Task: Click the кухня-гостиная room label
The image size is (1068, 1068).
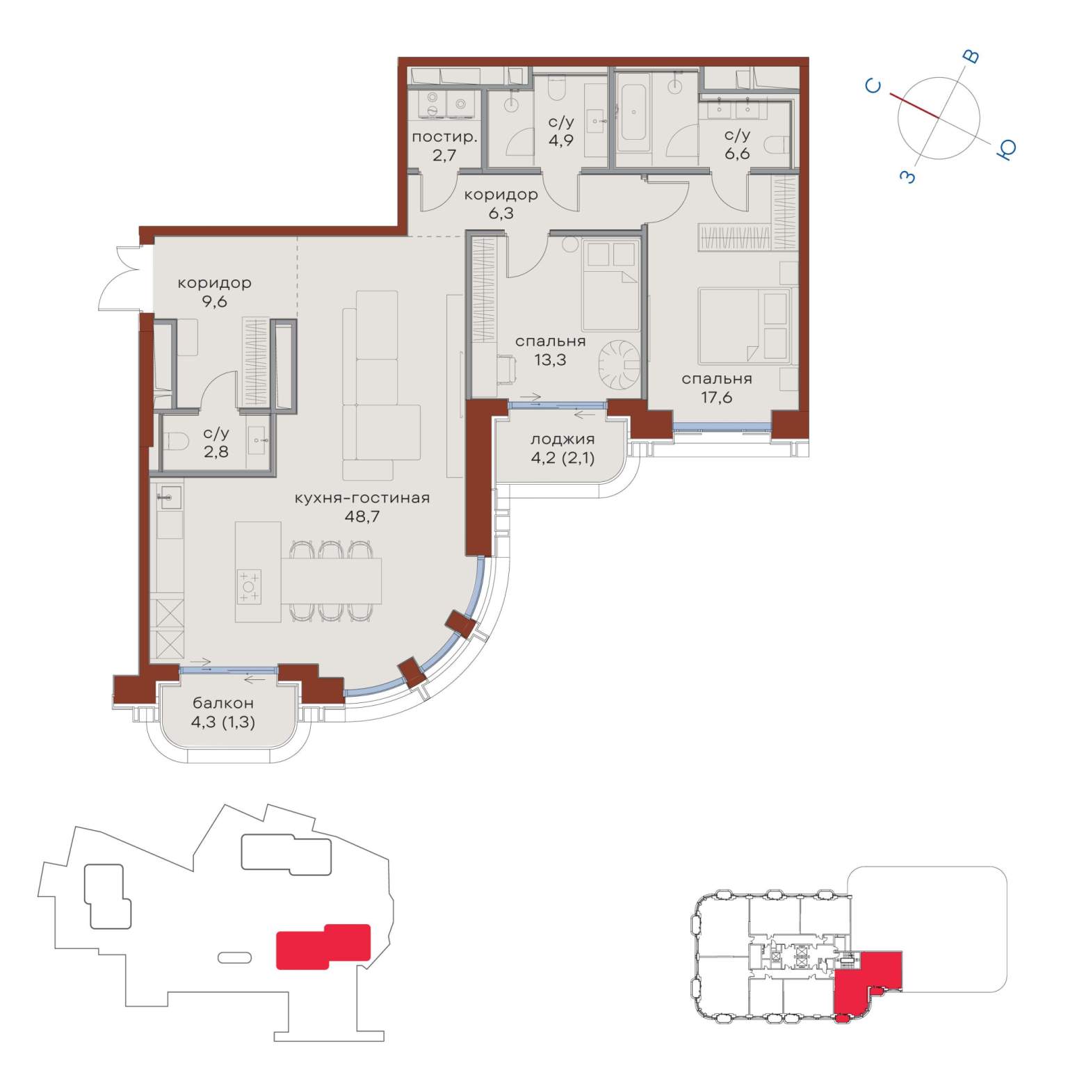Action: coord(362,498)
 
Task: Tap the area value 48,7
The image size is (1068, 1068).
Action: coord(362,517)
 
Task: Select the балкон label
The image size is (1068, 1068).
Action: coord(222,703)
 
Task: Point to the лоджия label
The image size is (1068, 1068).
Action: coord(563,439)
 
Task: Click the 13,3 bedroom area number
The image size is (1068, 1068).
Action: coord(550,359)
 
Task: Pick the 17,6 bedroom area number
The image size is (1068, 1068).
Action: coord(716,397)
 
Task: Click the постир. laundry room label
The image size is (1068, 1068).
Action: coord(444,137)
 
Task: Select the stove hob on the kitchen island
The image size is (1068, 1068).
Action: coord(249,586)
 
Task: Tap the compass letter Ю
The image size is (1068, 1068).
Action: coord(1007,149)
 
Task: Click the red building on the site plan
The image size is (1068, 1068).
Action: coord(323,946)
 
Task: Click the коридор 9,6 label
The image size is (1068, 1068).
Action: coord(214,292)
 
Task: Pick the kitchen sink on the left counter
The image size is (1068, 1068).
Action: coord(169,498)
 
